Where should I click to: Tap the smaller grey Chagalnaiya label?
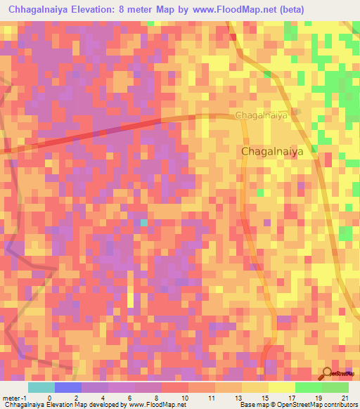click(x=262, y=115)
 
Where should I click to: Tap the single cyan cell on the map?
click(x=143, y=223)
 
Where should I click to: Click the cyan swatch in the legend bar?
click(x=41, y=387)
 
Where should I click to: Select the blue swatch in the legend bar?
click(x=68, y=387)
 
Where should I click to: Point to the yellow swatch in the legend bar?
click(x=282, y=387)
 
